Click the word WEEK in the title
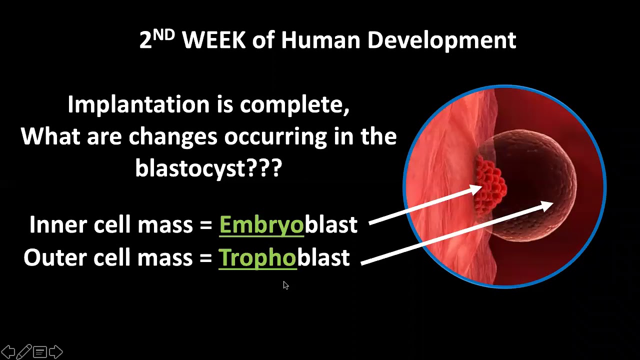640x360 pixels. [x=213, y=40]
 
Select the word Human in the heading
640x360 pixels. [x=320, y=40]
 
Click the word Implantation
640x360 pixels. [x=138, y=105]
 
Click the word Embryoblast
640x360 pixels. [x=288, y=225]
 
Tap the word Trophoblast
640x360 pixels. [x=284, y=257]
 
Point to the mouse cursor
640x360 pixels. [x=285, y=285]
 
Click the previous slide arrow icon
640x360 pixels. [x=8, y=352]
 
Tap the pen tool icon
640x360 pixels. [x=24, y=352]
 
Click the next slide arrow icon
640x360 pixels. [x=56, y=352]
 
